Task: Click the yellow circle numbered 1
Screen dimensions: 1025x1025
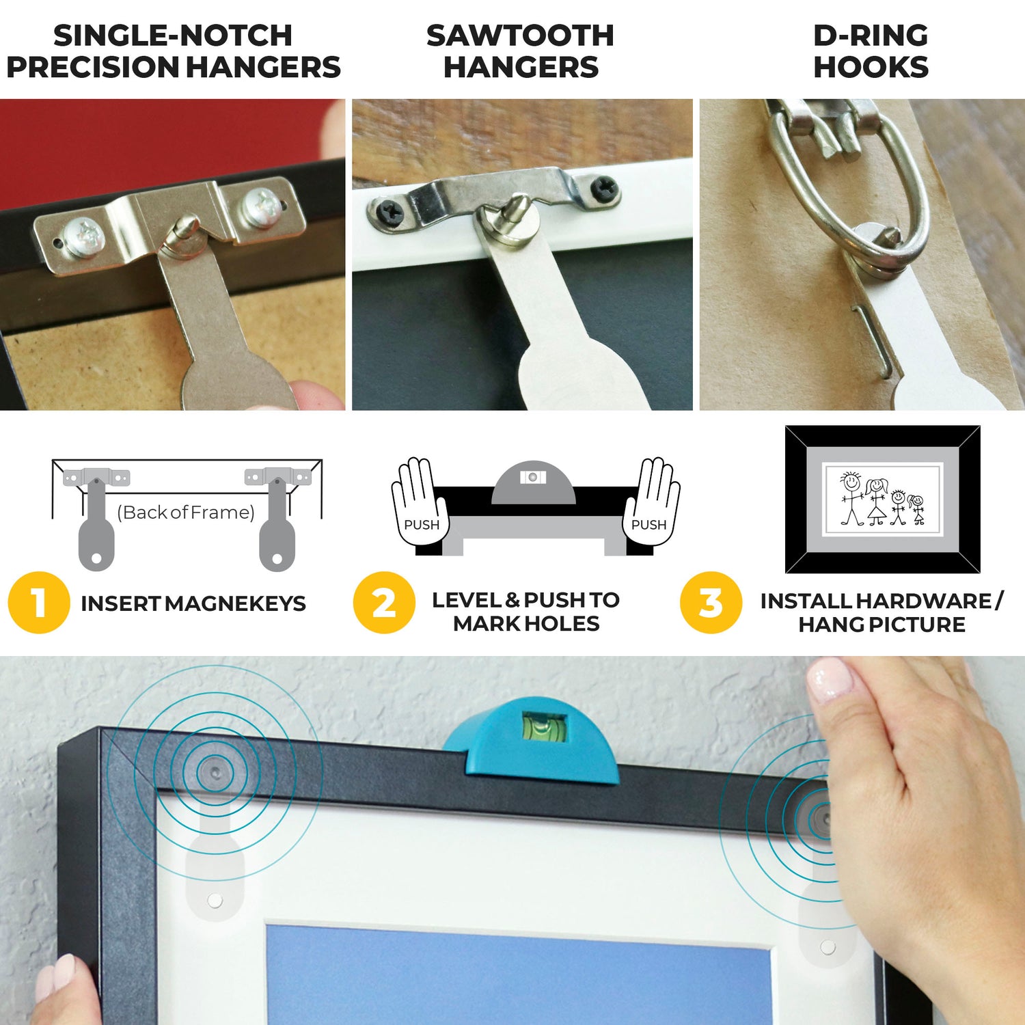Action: [x=39, y=602]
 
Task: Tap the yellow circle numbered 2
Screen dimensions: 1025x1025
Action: [x=384, y=602]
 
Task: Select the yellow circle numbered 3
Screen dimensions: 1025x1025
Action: [x=711, y=602]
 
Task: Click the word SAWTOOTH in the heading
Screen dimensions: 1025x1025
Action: [x=520, y=36]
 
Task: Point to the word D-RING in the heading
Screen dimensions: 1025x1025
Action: [x=871, y=36]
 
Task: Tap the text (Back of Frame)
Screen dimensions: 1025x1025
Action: [x=186, y=512]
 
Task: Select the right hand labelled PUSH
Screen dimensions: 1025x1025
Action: [x=651, y=502]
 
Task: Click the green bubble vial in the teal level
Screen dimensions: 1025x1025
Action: [x=545, y=726]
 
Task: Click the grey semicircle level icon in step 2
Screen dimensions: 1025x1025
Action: [x=534, y=483]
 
